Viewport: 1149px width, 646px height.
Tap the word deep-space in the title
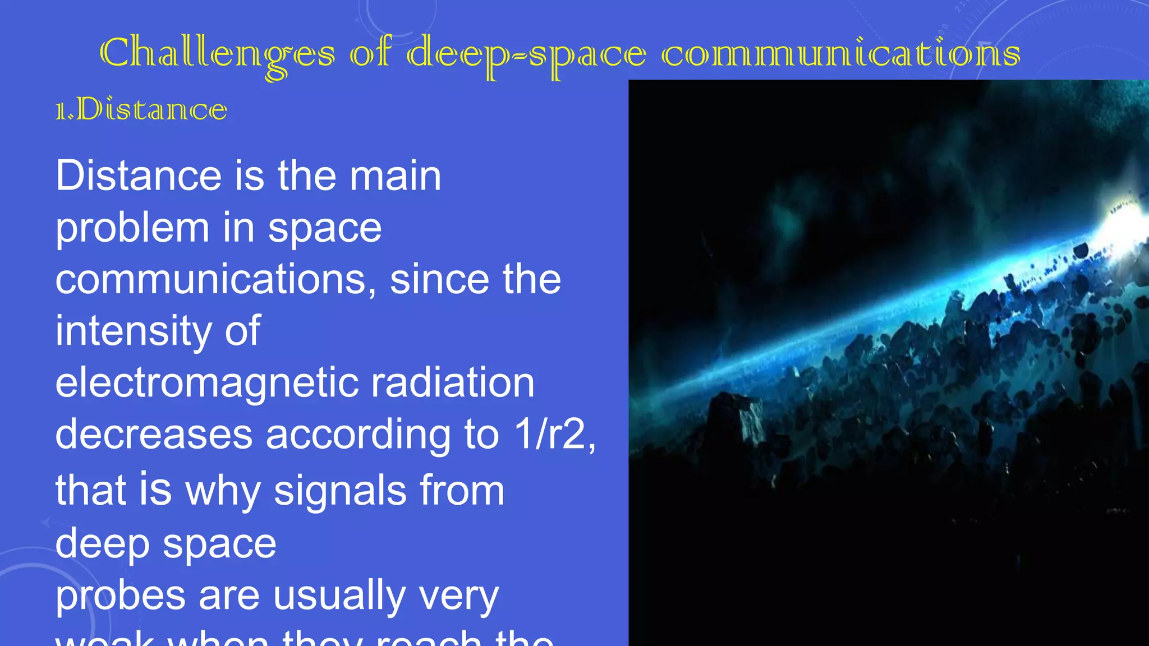526,54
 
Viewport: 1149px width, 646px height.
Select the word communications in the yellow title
840,54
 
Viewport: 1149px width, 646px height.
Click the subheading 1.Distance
141,109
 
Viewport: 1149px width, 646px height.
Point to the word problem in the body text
132,228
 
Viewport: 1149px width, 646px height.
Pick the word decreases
154,434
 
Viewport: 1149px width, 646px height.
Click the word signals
340,490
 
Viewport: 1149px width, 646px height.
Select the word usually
339,596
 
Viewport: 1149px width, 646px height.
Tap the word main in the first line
395,176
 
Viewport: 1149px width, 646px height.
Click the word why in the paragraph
223,490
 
